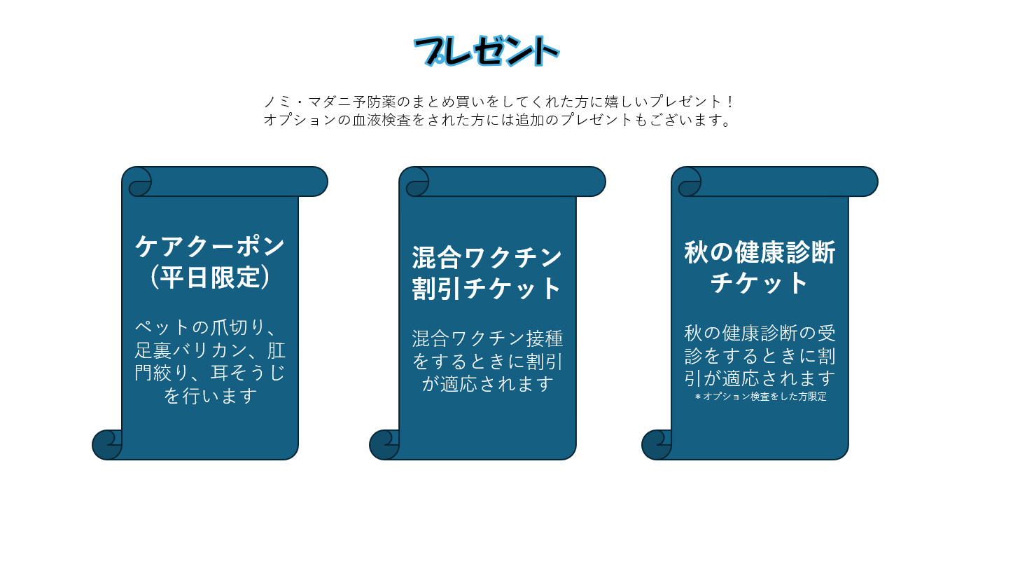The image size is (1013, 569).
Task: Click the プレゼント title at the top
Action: click(487, 50)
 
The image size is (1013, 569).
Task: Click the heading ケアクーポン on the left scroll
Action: click(210, 246)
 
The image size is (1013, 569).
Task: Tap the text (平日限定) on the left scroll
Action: click(210, 277)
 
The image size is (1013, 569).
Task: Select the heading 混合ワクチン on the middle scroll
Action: click(487, 258)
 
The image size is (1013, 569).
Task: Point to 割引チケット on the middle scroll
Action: click(487, 288)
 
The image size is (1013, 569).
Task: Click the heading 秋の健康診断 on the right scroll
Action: click(760, 252)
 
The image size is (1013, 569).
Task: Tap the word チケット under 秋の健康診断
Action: click(760, 283)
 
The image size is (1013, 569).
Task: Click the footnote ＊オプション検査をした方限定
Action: click(760, 397)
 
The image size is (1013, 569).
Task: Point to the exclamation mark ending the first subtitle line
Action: click(731, 102)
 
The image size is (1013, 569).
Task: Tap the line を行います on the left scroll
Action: click(210, 396)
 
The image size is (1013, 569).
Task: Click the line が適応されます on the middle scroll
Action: click(487, 384)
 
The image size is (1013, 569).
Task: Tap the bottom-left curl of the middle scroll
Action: click(385, 445)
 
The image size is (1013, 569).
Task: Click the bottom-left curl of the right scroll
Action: click(657, 445)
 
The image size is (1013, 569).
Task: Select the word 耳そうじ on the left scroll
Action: click(248, 373)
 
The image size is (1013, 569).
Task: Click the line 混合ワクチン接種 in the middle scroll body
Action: click(487, 338)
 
